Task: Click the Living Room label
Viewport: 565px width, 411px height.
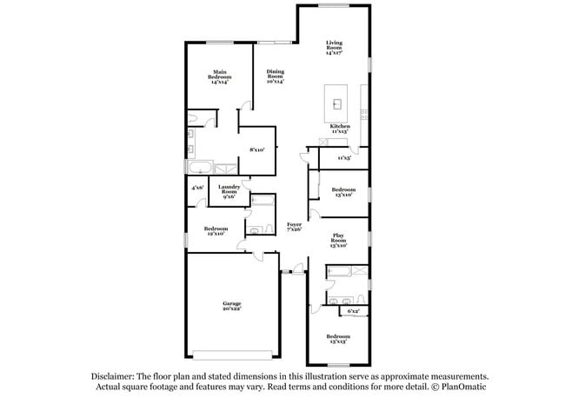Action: tap(335, 47)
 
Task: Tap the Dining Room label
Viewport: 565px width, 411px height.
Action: tap(275, 77)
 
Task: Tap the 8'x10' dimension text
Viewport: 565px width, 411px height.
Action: tap(256, 150)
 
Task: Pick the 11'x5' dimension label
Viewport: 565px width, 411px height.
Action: tap(344, 158)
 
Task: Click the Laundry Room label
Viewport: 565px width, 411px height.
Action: tap(229, 192)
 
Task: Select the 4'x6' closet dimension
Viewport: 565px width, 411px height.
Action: tap(196, 187)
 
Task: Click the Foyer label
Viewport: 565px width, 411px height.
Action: tap(295, 227)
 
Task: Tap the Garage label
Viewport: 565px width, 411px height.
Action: tap(230, 306)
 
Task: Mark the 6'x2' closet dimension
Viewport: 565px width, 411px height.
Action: tap(354, 310)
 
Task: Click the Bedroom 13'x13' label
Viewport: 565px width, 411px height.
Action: tap(338, 339)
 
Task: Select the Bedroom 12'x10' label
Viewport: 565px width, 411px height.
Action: tap(216, 231)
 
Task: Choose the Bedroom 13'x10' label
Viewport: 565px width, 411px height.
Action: tap(342, 191)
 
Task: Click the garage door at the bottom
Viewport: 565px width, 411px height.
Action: tap(230, 355)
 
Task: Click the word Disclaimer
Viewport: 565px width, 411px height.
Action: tap(117, 376)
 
